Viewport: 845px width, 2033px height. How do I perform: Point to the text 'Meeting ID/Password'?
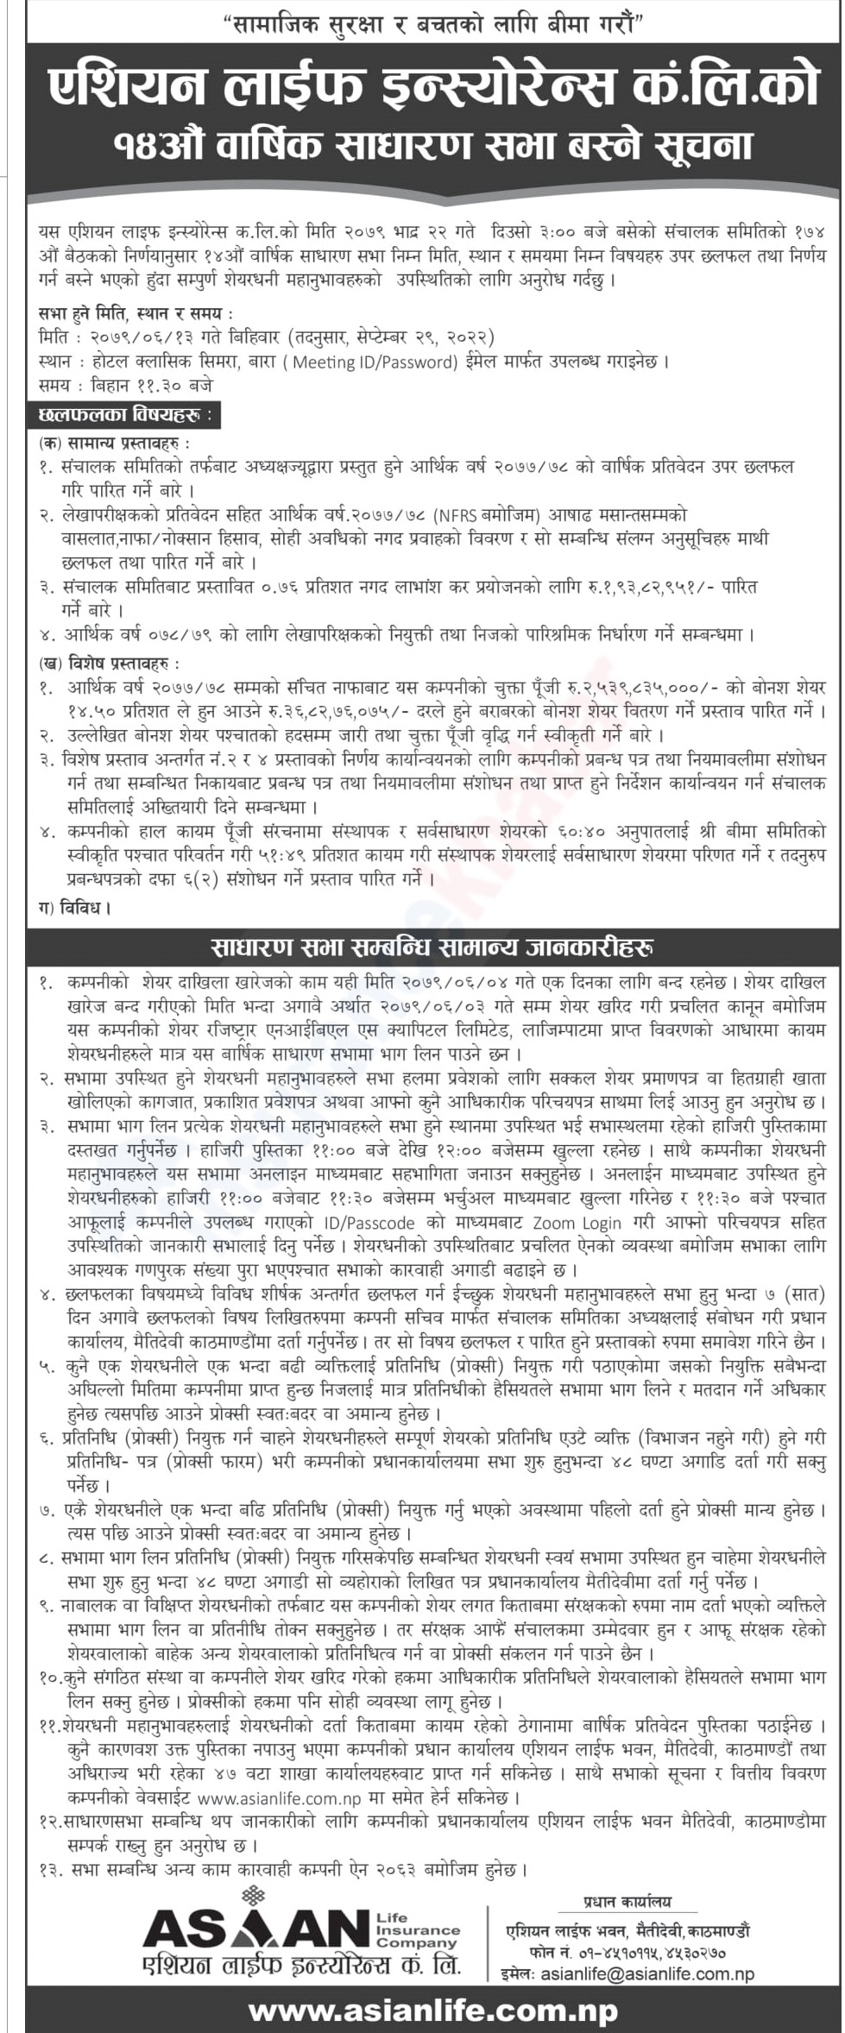tap(374, 362)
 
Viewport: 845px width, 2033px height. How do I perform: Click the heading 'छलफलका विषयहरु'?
tap(124, 415)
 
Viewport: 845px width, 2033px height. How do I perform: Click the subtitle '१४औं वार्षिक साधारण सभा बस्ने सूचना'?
tap(433, 145)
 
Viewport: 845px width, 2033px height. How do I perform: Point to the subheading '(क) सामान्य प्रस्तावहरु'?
tap(115, 443)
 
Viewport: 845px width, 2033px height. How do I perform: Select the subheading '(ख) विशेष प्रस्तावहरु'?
tap(110, 664)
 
